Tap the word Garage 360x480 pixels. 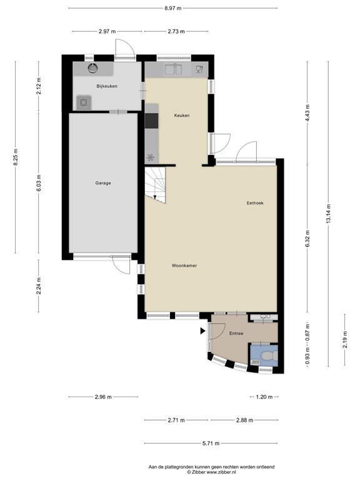click(x=103, y=183)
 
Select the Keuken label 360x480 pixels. click(x=182, y=116)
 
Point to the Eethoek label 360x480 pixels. click(x=255, y=202)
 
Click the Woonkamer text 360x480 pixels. click(x=184, y=266)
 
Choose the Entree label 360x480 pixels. click(x=236, y=334)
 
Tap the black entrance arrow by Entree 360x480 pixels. click(x=202, y=331)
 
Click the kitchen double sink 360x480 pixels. click(x=173, y=69)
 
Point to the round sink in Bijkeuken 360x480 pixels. click(x=92, y=68)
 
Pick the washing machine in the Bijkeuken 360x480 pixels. click(x=83, y=102)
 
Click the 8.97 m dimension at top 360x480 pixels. click(x=173, y=8)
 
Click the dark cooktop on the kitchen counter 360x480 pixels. click(x=152, y=119)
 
